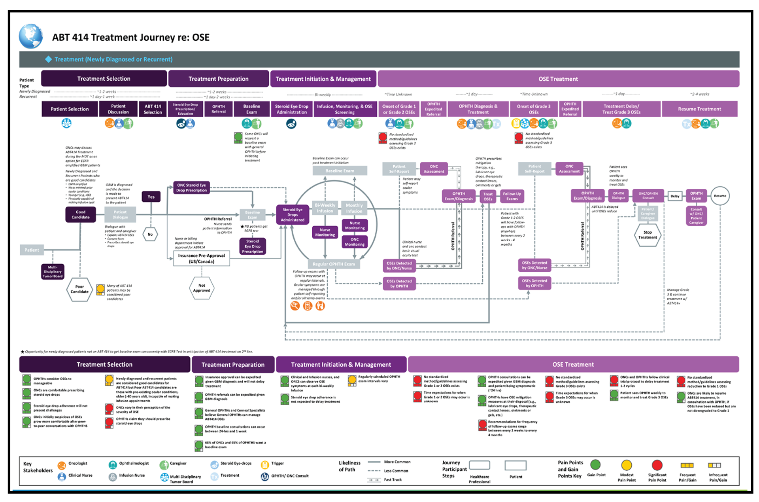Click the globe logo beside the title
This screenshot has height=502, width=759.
tap(30, 36)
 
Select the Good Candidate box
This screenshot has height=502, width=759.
tap(80, 214)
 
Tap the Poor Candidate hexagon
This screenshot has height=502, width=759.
tap(79, 289)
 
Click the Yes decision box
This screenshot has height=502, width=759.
tap(151, 197)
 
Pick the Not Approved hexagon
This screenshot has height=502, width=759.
tap(202, 288)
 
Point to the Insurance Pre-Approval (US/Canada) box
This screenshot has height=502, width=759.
tap(201, 258)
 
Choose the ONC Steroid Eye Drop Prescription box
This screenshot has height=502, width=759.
tap(191, 188)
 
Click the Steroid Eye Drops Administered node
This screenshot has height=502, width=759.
tap(293, 215)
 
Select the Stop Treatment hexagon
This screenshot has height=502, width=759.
tap(647, 235)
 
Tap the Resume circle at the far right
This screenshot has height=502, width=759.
tap(719, 196)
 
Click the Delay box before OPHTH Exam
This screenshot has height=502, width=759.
tap(675, 196)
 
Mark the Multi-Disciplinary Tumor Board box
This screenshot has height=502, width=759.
tap(53, 271)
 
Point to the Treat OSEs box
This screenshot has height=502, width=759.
tap(488, 196)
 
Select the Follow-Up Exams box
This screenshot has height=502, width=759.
tap(512, 196)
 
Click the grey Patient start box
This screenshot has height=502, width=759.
tap(32, 250)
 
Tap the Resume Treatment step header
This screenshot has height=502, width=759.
tap(699, 109)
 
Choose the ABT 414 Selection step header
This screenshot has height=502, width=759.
tap(153, 109)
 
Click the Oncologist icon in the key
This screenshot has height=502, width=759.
tap(62, 465)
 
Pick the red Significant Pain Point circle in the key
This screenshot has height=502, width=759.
tap(657, 465)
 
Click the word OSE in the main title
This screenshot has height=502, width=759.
tap(201, 38)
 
